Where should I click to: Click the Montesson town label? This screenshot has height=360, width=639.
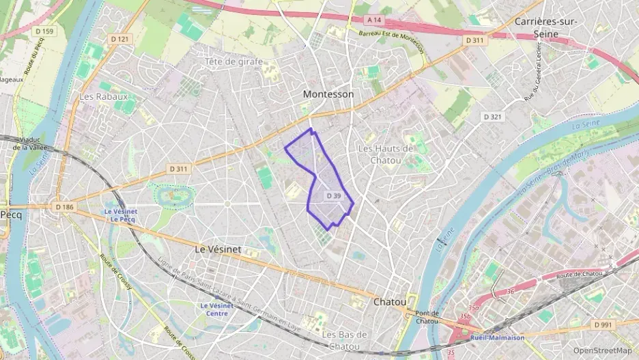tap(328, 94)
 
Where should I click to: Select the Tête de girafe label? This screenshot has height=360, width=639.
tap(233, 61)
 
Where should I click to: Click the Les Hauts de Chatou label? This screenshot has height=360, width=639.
tap(386, 154)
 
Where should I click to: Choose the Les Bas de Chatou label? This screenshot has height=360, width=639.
tap(345, 340)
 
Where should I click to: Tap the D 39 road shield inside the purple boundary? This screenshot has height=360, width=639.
tap(333, 196)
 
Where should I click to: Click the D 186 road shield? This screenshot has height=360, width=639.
tap(64, 206)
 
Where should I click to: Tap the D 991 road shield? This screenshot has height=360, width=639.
tap(601, 324)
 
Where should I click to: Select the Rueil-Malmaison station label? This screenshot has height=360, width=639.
tap(498, 337)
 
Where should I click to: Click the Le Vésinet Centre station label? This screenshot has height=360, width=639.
tap(217, 309)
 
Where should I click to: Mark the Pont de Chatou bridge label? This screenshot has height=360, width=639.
tap(427, 317)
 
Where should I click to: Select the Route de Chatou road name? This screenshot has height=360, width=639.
tap(579, 275)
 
